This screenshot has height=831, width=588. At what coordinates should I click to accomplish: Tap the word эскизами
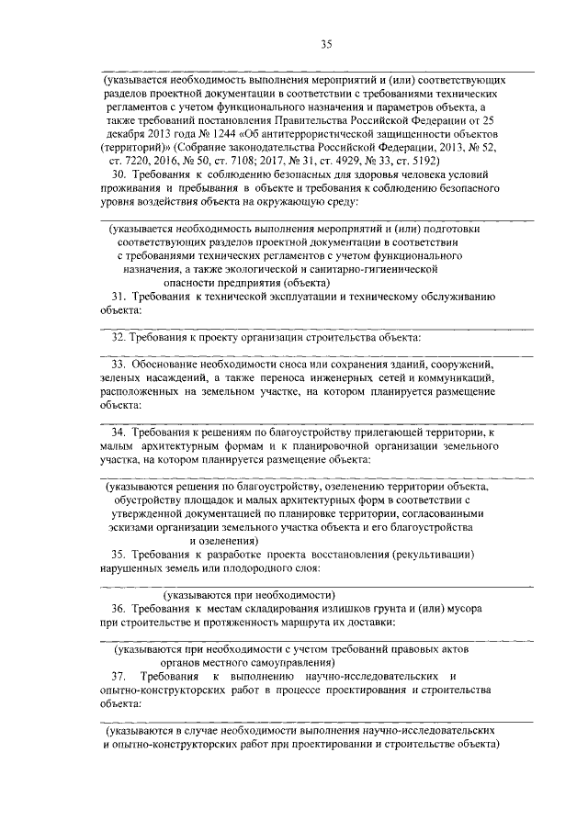coord(131,528)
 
